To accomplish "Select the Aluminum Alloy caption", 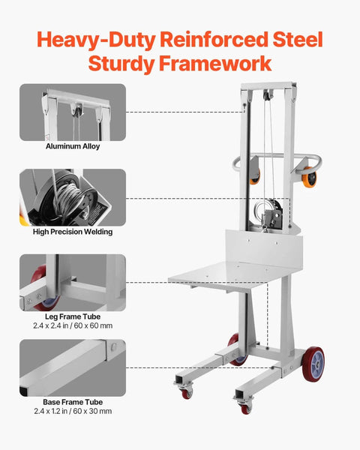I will [73, 146].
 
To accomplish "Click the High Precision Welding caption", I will [73, 232].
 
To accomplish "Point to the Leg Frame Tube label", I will [73, 316].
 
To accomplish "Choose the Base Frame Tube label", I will [73, 401].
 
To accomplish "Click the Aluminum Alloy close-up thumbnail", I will [73, 112].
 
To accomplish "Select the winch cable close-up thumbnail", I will [73, 197].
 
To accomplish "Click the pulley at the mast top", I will [265, 94].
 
